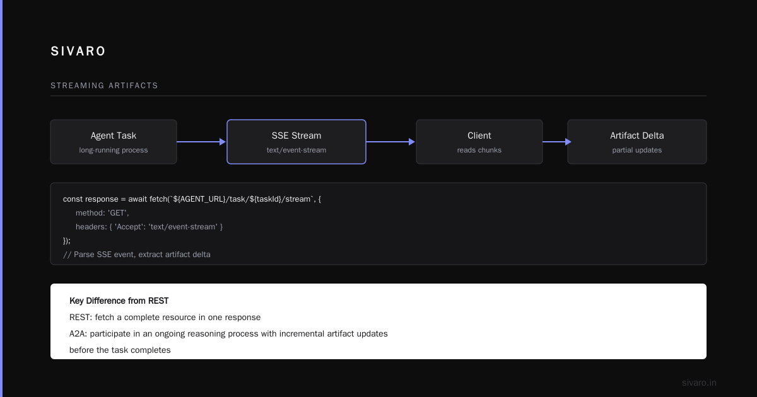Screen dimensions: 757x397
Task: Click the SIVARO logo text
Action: (78, 51)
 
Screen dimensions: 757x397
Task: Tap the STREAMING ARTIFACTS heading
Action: (104, 86)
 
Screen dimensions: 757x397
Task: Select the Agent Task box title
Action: (114, 135)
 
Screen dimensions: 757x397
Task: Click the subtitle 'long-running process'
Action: (114, 150)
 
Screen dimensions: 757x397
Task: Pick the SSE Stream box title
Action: (296, 135)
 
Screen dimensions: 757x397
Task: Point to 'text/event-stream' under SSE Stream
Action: (296, 150)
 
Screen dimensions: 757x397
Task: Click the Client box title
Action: (479, 135)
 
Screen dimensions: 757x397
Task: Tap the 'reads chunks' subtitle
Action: (479, 150)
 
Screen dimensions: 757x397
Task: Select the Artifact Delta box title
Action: (637, 135)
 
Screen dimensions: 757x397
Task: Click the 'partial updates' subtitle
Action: (637, 150)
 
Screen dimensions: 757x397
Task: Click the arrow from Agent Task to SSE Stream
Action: (201, 142)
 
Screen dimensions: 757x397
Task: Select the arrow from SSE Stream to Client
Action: (390, 142)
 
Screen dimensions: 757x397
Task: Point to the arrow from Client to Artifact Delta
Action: (557, 142)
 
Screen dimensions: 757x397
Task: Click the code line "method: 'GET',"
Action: (102, 213)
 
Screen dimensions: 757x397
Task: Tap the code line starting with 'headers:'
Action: (149, 227)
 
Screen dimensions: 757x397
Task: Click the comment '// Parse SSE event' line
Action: (137, 255)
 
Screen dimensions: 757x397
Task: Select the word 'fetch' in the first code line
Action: (158, 199)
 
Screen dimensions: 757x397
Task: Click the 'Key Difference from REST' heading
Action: (119, 301)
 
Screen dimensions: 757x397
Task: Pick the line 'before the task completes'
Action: (120, 350)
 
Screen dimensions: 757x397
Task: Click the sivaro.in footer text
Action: (699, 383)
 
